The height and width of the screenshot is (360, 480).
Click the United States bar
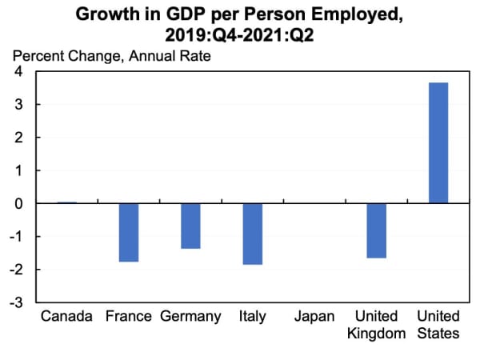click(438, 143)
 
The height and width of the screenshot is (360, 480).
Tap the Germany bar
click(190, 226)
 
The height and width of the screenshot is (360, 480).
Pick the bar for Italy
click(252, 234)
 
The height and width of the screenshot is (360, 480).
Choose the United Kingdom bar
click(377, 231)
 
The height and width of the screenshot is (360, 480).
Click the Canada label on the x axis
click(67, 317)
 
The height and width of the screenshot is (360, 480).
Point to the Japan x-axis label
click(314, 317)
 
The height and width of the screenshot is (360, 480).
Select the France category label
click(128, 317)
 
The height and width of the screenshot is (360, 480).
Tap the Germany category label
click(190, 317)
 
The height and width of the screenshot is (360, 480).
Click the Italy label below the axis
click(252, 317)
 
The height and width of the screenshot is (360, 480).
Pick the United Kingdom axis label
click(377, 325)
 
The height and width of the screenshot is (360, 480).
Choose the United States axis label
click(438, 325)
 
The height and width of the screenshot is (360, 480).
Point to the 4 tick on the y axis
click(18, 72)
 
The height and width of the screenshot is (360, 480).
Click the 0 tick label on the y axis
click(18, 204)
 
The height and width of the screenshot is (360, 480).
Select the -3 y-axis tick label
click(15, 303)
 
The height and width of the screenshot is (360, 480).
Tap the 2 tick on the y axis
click(18, 138)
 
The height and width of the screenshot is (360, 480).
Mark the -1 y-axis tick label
click(15, 237)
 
